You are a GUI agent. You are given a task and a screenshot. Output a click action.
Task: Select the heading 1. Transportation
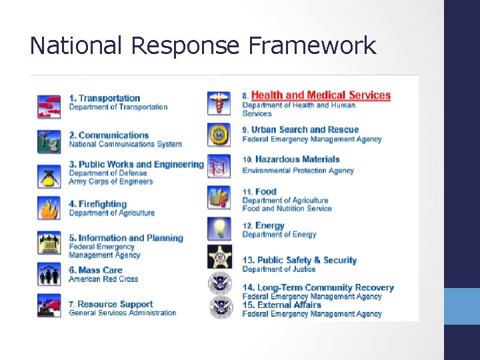(105, 98)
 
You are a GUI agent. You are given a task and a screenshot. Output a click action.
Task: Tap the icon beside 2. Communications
(49, 139)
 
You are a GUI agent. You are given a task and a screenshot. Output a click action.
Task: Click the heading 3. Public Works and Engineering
(136, 164)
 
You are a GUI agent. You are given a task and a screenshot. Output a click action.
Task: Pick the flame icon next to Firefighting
(49, 208)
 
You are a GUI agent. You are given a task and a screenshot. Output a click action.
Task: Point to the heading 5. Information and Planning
(125, 237)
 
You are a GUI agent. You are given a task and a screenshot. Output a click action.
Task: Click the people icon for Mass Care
(49, 274)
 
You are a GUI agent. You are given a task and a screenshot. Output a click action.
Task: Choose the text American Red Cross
(103, 279)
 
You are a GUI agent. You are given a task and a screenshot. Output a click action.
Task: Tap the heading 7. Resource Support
(111, 304)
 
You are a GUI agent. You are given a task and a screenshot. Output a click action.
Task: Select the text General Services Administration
(123, 313)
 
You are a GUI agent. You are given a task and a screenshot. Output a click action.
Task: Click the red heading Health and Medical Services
(321, 95)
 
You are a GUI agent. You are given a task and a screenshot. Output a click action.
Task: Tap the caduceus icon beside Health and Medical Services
(218, 103)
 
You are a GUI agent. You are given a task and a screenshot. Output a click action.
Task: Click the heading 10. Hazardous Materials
(291, 159)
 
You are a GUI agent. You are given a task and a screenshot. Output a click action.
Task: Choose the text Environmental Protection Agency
(298, 171)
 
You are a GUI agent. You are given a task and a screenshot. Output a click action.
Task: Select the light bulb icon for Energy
(218, 227)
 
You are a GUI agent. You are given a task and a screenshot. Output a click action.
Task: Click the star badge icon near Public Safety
(219, 257)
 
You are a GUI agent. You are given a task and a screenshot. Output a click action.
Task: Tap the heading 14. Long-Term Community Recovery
(318, 288)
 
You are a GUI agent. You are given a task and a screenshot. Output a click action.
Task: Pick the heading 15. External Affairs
(281, 305)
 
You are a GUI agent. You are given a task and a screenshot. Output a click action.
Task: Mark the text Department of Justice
(279, 269)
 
